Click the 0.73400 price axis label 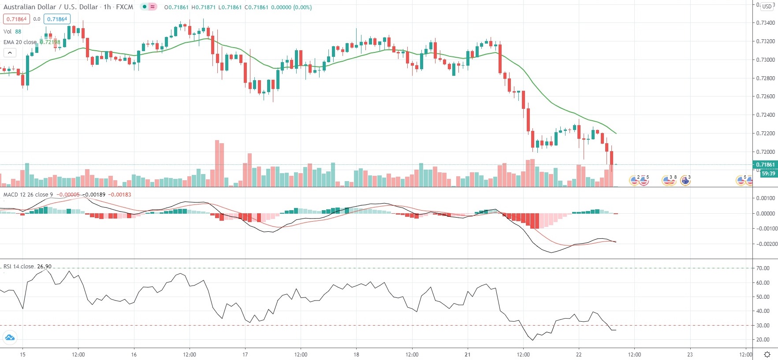click(x=765, y=23)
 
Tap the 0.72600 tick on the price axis click(x=765, y=96)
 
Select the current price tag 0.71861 click(x=765, y=165)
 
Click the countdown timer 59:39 click(x=768, y=174)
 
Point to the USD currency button click(x=767, y=7)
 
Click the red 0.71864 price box click(x=16, y=19)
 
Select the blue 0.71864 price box click(x=57, y=19)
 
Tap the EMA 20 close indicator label click(x=20, y=42)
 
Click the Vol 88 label click(x=12, y=32)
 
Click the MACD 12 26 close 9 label click(x=28, y=195)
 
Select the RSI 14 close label click(x=19, y=267)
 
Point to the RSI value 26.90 click(x=44, y=267)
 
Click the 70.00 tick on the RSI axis click(x=763, y=268)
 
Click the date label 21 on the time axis click(x=467, y=355)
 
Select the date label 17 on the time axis click(x=245, y=355)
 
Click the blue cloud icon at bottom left click(x=10, y=338)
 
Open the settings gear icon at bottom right click(x=767, y=355)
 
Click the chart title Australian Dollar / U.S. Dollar click(x=51, y=7)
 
